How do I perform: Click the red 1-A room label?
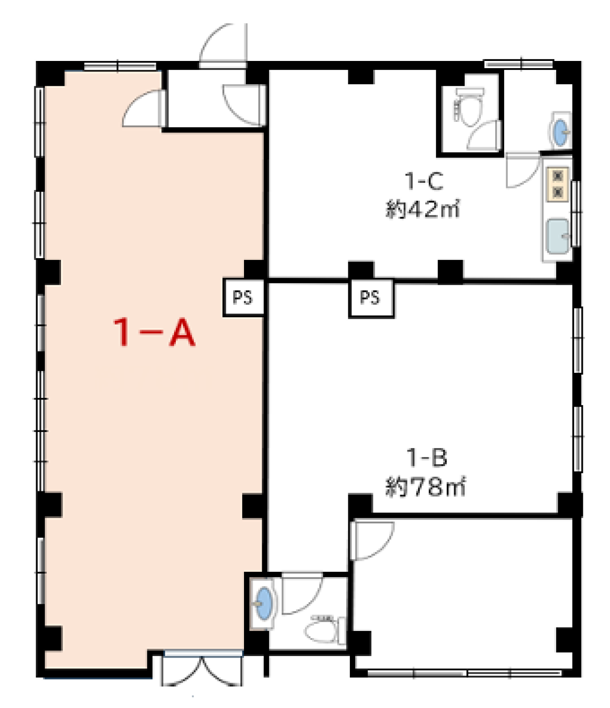pos(154,332)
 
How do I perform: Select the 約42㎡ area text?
pos(422,209)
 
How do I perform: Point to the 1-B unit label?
pos(427,458)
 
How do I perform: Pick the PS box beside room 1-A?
pos(244,297)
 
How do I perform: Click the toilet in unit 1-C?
pos(469,106)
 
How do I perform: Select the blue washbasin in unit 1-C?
pos(560,132)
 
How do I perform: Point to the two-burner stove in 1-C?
pos(558,184)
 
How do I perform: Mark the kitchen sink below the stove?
pos(558,236)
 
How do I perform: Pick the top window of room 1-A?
pos(120,66)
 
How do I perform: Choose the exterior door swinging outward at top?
pos(223,45)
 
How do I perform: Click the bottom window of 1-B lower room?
pos(465,673)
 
